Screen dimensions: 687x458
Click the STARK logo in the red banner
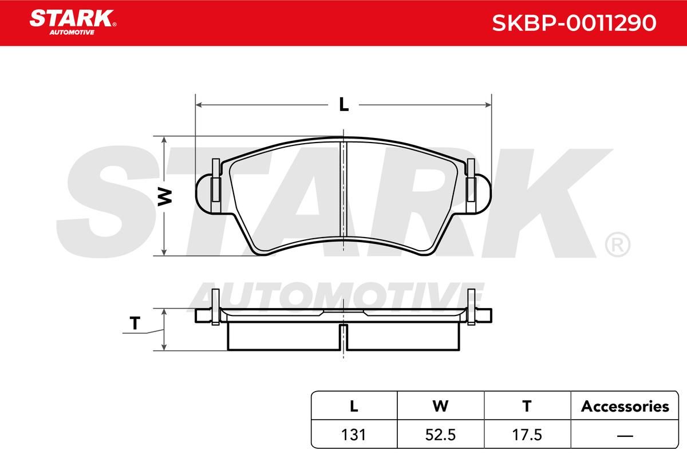tap(73, 22)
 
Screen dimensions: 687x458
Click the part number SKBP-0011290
tap(574, 23)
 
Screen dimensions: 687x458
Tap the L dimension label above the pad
tap(344, 104)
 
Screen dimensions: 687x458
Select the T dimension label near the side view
tap(135, 323)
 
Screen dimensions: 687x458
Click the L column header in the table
tap(354, 406)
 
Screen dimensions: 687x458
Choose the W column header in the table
tap(440, 406)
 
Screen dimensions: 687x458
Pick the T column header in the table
tap(527, 406)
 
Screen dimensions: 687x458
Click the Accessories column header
tap(625, 406)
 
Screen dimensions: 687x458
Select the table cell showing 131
tap(354, 435)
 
